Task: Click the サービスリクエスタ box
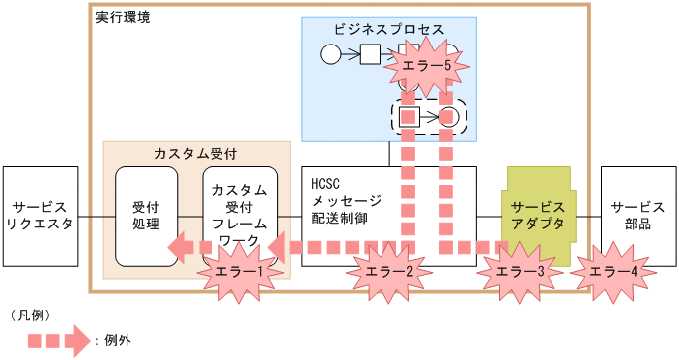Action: point(42,216)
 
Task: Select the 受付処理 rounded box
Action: point(146,216)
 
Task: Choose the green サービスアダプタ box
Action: point(539,210)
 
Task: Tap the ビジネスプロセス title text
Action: point(389,29)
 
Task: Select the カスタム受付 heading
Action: point(196,154)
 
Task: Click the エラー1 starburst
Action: point(238,271)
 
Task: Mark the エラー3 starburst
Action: point(520,271)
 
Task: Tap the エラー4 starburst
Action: point(613,271)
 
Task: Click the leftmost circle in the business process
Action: point(331,53)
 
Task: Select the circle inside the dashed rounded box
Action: point(450,117)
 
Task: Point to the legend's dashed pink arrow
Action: point(57,339)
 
